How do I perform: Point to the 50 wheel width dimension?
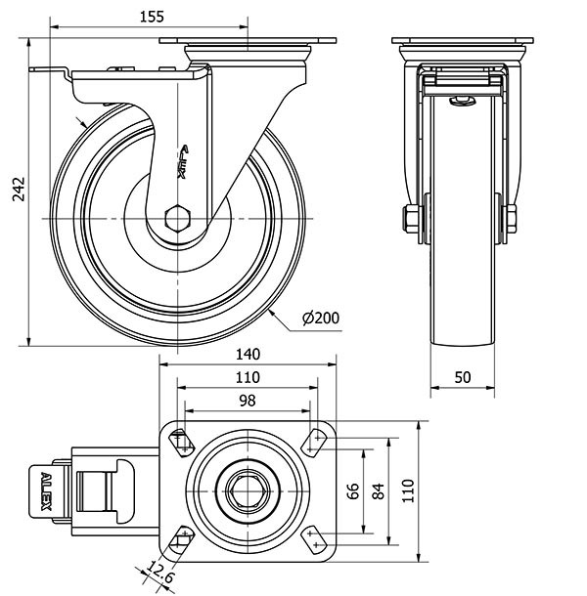463,376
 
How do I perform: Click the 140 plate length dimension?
248,356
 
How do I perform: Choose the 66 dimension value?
354,490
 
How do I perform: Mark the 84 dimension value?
378,490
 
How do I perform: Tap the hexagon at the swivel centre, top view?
247,489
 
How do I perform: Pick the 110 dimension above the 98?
247,378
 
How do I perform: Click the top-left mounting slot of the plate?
180,442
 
